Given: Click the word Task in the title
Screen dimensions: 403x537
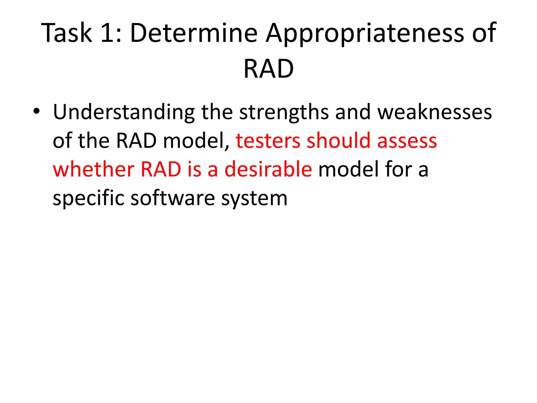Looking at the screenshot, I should click(67, 33).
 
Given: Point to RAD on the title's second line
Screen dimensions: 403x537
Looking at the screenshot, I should click(268, 69).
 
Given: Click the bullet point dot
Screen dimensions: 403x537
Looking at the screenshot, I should click(36, 111).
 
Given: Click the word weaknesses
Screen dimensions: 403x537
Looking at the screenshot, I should click(434, 112).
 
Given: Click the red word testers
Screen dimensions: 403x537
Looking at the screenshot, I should click(268, 141).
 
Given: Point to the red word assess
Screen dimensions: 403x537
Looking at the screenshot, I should click(407, 141).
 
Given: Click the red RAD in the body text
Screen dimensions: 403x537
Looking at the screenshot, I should click(161, 169).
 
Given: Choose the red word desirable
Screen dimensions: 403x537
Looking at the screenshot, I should click(268, 169).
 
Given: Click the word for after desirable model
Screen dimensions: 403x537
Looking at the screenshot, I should click(398, 169).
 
